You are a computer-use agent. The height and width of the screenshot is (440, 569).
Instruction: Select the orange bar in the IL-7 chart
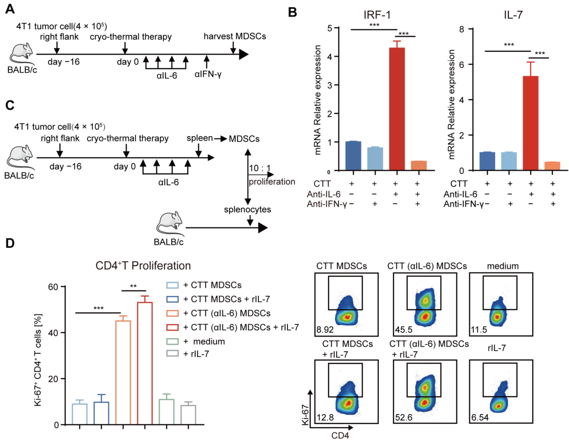coord(552,166)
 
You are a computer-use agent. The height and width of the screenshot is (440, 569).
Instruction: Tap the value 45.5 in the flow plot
coord(404,330)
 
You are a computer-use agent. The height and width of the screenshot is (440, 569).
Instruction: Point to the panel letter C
coord(10,105)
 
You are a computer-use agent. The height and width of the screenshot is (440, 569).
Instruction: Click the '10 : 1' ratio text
coord(260,168)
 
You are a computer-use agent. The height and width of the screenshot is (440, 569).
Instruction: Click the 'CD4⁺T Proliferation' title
coord(143,266)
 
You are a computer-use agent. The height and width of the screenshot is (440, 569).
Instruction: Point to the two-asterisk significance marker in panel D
coord(133,286)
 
